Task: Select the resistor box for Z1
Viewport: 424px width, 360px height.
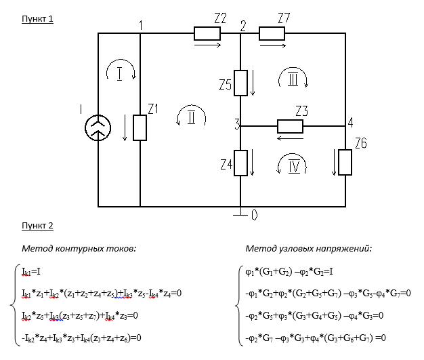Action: [x=140, y=127]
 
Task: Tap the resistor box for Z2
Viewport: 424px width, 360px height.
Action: [x=207, y=33]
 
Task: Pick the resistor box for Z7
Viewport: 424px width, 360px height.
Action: [x=271, y=33]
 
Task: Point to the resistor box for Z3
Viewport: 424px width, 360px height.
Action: [x=293, y=126]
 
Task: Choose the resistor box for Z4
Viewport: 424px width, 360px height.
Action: [x=240, y=163]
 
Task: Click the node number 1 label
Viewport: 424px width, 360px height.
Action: [x=140, y=26]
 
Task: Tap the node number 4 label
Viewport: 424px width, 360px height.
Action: [x=351, y=122]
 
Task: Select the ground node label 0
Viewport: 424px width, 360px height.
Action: [x=254, y=216]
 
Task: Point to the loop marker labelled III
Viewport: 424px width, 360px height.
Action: [x=293, y=80]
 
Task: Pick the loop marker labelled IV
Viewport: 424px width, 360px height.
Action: [x=293, y=165]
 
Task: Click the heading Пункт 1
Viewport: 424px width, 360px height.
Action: [x=38, y=18]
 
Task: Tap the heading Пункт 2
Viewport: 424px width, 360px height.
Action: [x=38, y=226]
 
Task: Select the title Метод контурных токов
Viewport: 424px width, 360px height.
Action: [x=79, y=249]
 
